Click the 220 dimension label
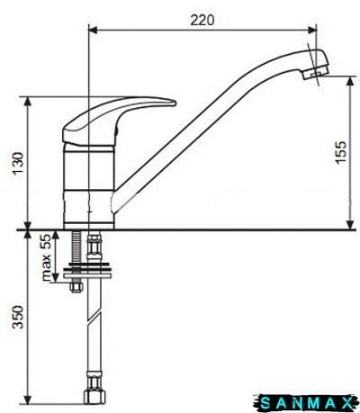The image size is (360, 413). [x=202, y=21]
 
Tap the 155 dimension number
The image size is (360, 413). [x=341, y=153]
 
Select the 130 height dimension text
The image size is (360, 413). [x=18, y=164]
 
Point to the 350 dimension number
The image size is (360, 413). [x=18, y=317]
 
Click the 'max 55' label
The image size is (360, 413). [x=47, y=257]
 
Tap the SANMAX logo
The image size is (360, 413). [x=306, y=403]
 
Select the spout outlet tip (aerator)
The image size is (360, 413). [x=315, y=73]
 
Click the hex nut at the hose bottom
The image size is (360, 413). [x=94, y=397]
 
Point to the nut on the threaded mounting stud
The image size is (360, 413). [x=76, y=286]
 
